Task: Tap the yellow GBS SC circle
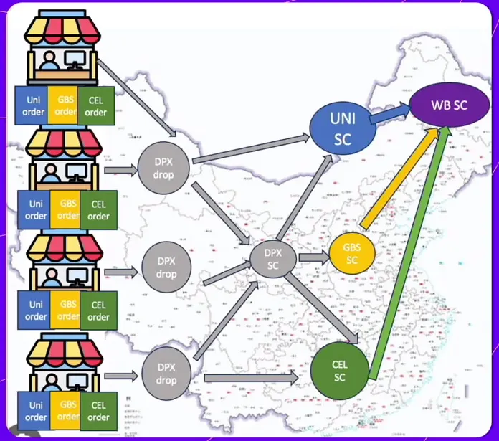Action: [x=351, y=254]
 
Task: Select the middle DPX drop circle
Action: [x=166, y=268]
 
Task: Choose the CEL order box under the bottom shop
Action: [x=98, y=412]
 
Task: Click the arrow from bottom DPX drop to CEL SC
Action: [x=250, y=378]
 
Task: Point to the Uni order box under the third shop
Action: [x=36, y=311]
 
